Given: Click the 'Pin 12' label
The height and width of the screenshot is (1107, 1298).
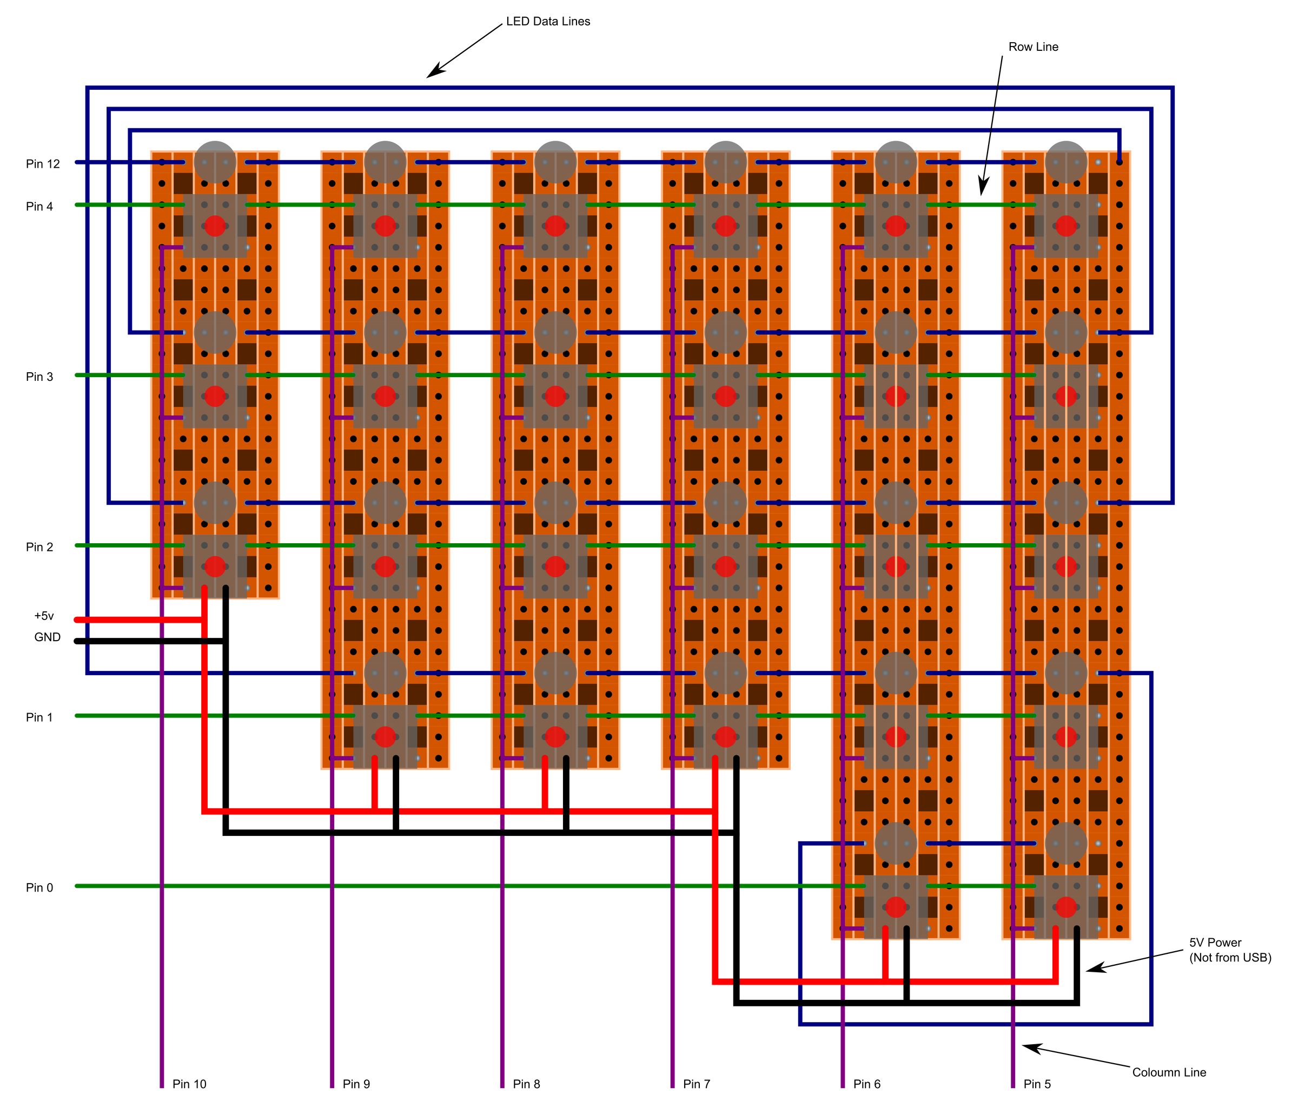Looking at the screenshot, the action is (x=43, y=164).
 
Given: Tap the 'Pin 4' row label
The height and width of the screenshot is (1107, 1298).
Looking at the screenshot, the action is (x=39, y=207).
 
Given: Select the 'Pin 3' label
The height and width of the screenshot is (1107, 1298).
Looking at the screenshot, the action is (x=39, y=377).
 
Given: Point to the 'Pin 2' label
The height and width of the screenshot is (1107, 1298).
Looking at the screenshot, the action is (x=39, y=547).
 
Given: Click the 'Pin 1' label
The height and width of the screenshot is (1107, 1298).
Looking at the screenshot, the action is (x=39, y=718).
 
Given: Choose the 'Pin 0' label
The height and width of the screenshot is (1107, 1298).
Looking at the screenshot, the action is (x=39, y=888).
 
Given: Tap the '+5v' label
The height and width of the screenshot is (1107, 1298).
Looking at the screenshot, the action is (x=44, y=616).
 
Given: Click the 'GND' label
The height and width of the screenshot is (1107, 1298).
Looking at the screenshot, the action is (x=48, y=637).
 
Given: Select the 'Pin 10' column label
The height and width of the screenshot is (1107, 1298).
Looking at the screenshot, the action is (x=189, y=1084).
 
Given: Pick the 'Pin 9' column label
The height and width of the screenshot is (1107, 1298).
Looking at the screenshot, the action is (x=356, y=1084).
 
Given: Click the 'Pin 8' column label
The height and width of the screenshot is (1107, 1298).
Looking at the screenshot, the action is (x=526, y=1084).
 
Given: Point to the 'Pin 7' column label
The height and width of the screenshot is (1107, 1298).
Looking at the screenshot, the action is (x=697, y=1084).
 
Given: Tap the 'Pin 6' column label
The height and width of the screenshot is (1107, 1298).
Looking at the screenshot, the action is (x=867, y=1084).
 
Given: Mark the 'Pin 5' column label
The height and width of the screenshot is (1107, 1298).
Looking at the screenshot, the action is (x=1037, y=1084).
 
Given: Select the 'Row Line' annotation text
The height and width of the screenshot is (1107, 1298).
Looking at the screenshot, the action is (x=1034, y=47).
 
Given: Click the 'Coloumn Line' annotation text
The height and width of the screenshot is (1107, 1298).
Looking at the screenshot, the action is (x=1169, y=1072).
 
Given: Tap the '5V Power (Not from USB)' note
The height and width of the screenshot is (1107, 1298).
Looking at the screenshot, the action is (x=1230, y=950).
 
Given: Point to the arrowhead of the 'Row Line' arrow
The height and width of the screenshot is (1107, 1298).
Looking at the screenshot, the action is (x=982, y=194).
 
